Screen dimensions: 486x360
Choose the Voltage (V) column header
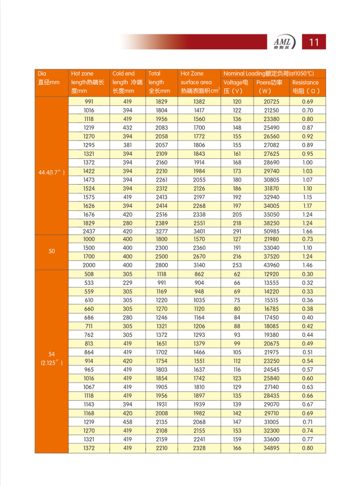236,86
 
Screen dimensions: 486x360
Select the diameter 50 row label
51,251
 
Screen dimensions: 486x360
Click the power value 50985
271,231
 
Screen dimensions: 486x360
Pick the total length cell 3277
162,231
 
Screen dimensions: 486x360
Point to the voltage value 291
237,231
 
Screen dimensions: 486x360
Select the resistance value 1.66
308,231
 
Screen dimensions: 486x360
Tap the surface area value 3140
199,265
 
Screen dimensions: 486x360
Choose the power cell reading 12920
271,274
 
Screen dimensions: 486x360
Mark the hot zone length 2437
89,231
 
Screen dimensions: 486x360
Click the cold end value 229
128,283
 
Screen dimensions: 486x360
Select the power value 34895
271,448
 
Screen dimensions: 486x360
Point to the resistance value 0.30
308,274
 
